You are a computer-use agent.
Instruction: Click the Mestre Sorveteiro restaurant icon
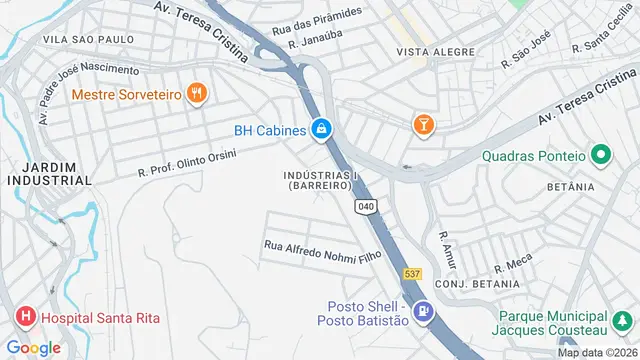click(x=197, y=93)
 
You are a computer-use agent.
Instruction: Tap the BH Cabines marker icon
click(x=321, y=128)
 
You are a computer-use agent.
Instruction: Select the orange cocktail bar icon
click(x=423, y=124)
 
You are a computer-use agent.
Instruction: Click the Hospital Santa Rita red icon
click(x=25, y=319)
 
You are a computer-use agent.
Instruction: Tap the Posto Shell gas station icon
click(x=425, y=312)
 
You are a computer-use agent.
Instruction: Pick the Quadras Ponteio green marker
click(x=600, y=155)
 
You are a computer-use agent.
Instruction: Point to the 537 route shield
click(x=412, y=272)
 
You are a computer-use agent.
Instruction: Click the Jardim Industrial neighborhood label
click(x=48, y=173)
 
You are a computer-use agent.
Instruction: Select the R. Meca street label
click(x=512, y=264)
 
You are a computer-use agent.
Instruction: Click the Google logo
click(x=34, y=347)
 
